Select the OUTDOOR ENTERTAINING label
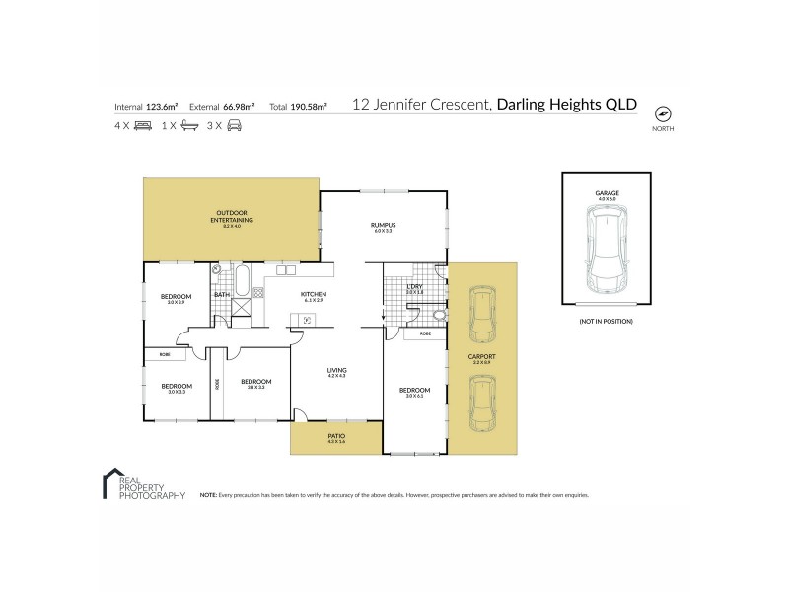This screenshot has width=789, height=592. click(232, 218)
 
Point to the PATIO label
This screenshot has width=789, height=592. click(336, 436)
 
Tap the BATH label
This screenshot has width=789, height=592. click(222, 294)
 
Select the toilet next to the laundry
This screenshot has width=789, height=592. click(437, 316)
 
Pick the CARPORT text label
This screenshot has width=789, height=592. click(482, 358)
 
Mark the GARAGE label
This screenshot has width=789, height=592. click(606, 193)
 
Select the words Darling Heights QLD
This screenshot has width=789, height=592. click(567, 104)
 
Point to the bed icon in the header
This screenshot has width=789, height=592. click(142, 126)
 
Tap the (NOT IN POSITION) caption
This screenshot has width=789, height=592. click(606, 322)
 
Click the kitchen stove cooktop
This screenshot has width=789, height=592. click(258, 292)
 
